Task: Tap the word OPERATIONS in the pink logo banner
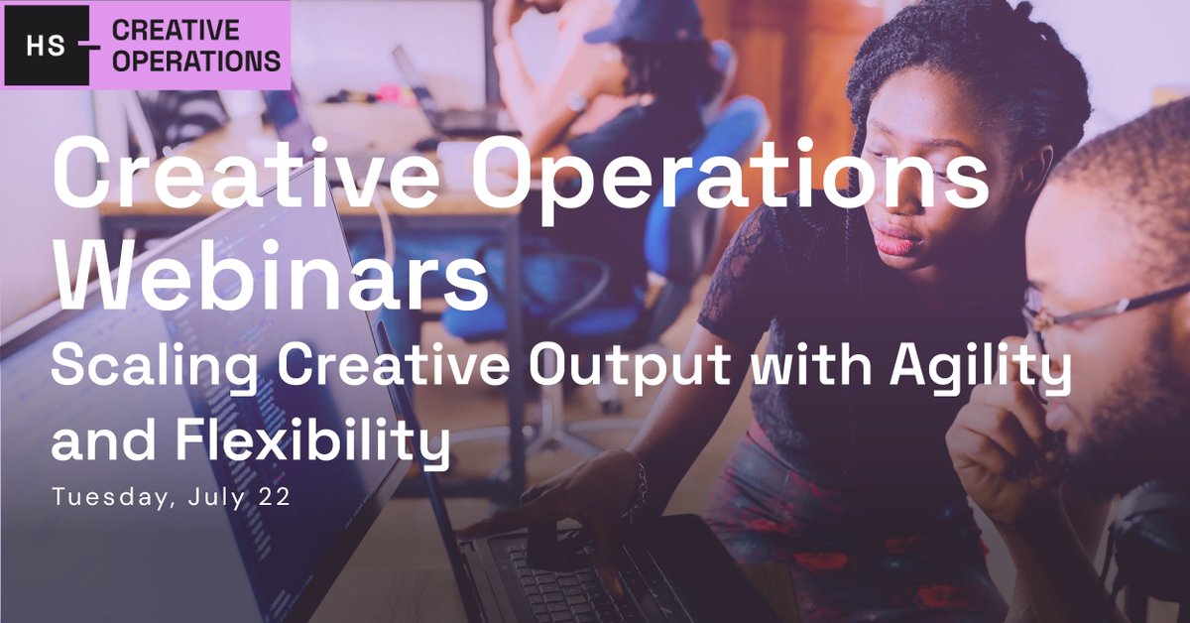pyautogui.click(x=196, y=61)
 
